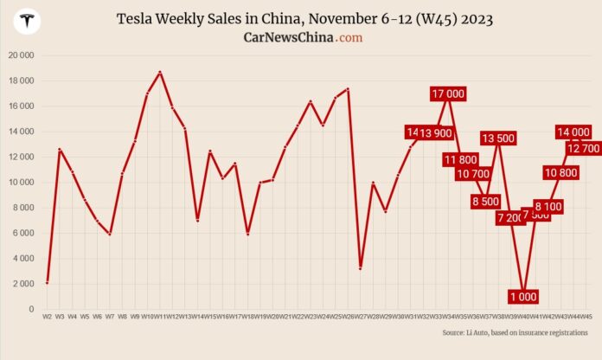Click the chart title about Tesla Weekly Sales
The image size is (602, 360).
300,18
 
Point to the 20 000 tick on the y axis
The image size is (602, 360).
19,55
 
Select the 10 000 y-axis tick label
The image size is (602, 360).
19,183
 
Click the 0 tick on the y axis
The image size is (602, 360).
30,309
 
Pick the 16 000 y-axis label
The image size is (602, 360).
19,106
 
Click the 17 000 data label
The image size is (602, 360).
448,93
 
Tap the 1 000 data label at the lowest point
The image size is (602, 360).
523,296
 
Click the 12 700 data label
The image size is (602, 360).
583,148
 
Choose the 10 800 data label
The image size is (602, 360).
560,172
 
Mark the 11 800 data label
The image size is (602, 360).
460,159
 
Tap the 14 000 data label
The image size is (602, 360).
573,132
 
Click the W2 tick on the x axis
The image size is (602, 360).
47,318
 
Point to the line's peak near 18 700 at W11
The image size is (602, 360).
160,72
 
